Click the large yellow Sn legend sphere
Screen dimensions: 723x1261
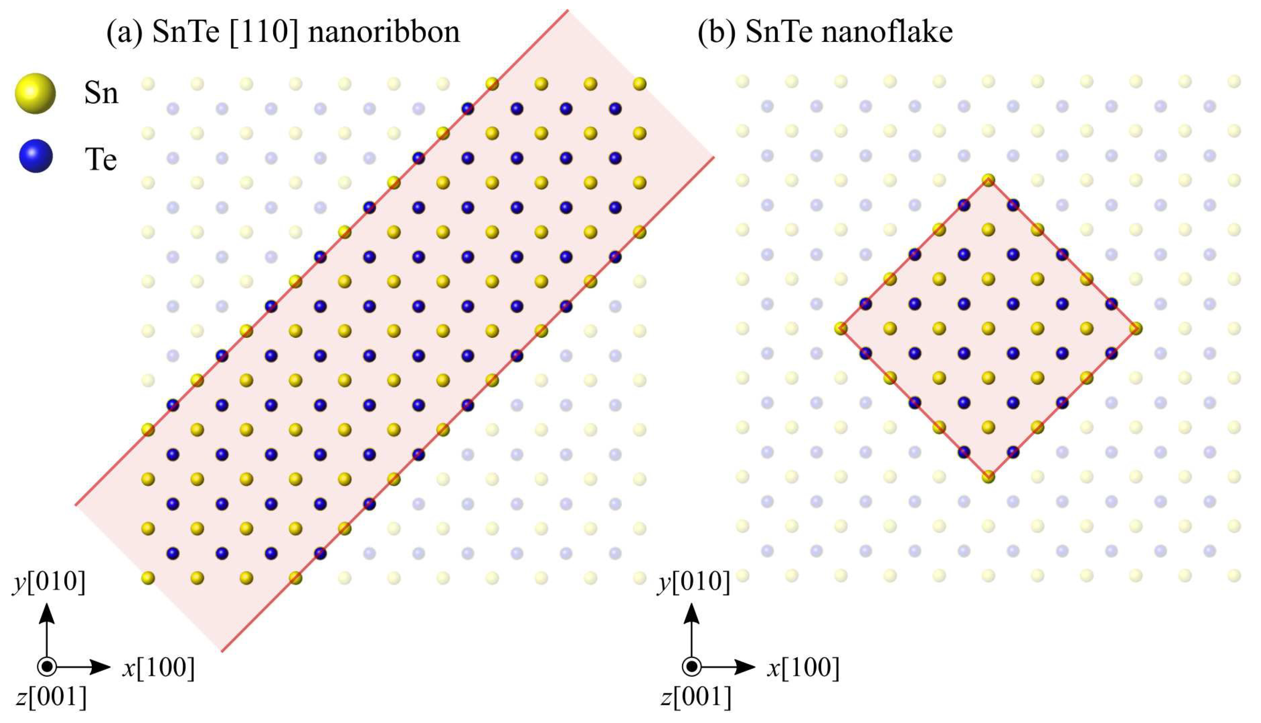[35, 93]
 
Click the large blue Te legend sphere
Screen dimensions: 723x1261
[36, 156]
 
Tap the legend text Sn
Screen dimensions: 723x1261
[101, 93]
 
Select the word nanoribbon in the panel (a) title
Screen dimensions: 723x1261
[384, 32]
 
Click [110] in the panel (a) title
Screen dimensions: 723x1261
[264, 32]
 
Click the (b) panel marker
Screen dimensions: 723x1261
[716, 32]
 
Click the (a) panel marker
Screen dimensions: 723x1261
[125, 32]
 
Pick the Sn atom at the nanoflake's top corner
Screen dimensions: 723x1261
[988, 180]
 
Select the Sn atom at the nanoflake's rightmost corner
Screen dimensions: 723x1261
[1136, 328]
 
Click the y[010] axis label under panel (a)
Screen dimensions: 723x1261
[49, 581]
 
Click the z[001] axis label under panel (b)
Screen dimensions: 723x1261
[696, 697]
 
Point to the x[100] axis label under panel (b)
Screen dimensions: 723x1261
[804, 667]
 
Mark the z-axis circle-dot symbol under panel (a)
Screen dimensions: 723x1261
[47, 666]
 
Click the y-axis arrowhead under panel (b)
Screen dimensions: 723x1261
[691, 614]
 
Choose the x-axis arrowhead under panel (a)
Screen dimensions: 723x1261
[101, 667]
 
